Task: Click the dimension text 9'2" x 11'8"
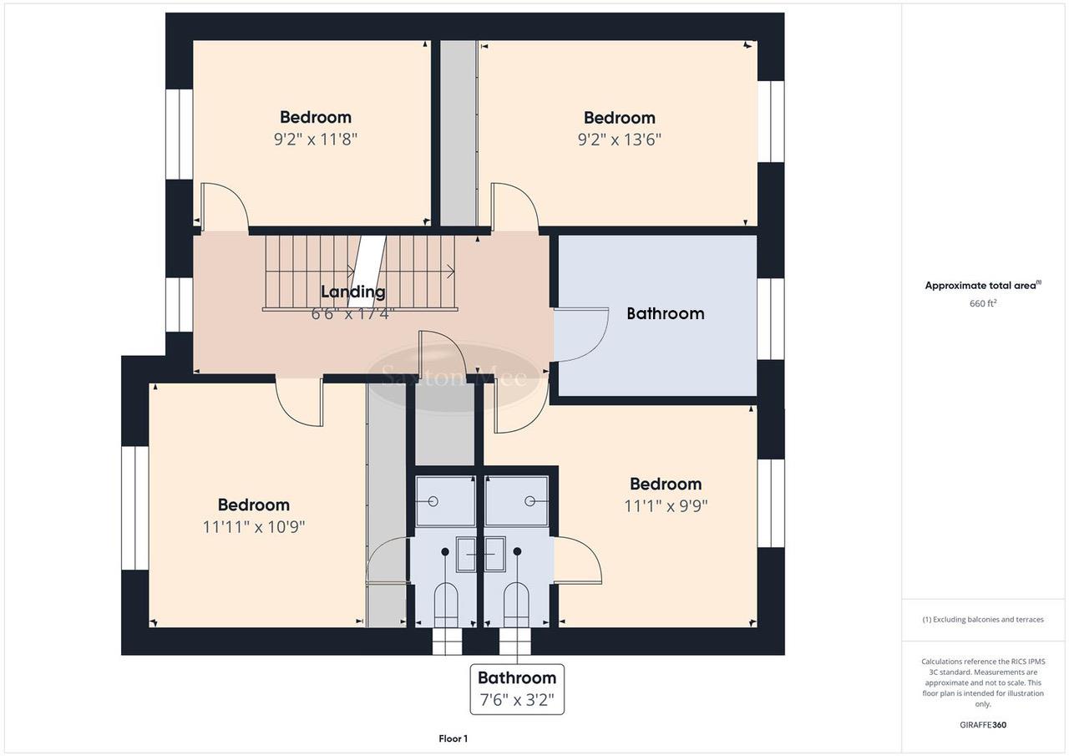(315, 140)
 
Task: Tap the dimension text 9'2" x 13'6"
(619, 140)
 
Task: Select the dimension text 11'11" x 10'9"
(253, 527)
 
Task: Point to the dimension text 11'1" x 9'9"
(666, 505)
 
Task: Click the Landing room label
(353, 292)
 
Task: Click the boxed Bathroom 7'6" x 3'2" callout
(517, 689)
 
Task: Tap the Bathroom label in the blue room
(666, 313)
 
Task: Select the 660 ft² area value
(983, 303)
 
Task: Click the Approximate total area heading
(982, 285)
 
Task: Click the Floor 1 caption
(453, 738)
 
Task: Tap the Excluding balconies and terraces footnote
(983, 619)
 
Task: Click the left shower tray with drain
(445, 501)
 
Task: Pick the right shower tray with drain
(517, 501)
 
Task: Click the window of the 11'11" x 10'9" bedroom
(134, 508)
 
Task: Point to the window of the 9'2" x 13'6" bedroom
(771, 121)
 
